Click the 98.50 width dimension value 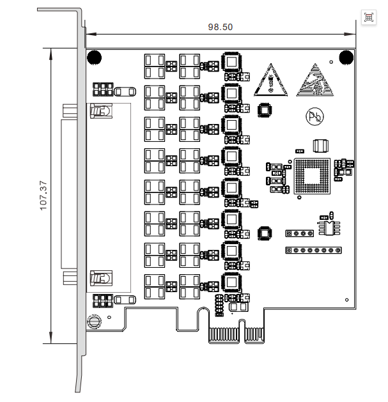tap(221, 27)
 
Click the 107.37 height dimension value tap(43, 194)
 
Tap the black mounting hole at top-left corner tap(94, 57)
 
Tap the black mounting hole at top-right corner tap(346, 57)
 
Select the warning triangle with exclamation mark tap(272, 81)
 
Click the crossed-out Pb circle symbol tap(314, 116)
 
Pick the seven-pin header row tap(311, 250)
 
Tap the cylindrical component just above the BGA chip tap(320, 145)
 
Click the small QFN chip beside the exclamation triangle tap(263, 110)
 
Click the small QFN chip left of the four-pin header tap(264, 233)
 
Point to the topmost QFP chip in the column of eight tap(231, 63)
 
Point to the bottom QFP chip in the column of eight tap(231, 281)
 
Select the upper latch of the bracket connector tap(100, 111)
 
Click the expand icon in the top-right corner tap(369, 17)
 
